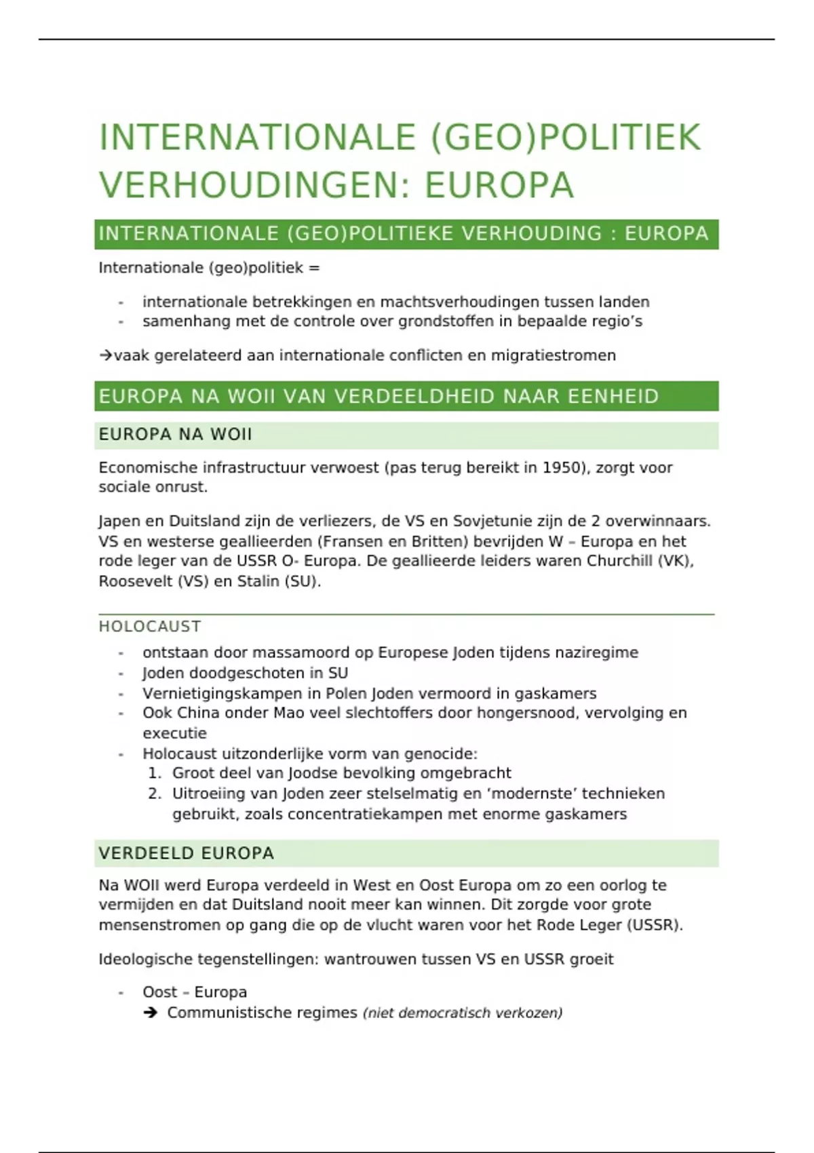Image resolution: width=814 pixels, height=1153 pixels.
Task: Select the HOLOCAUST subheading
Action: [x=150, y=626]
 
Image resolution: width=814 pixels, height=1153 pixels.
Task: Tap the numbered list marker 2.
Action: [x=155, y=794]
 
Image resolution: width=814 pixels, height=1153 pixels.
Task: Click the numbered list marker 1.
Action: [x=155, y=773]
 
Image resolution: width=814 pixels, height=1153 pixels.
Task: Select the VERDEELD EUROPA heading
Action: [x=187, y=853]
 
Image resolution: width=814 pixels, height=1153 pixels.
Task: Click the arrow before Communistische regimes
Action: [x=151, y=1013]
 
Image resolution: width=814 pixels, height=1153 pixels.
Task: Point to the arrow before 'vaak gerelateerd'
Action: [x=106, y=355]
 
